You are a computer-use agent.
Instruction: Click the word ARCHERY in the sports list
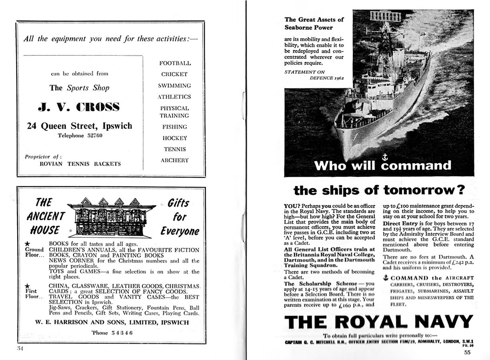point(174,160)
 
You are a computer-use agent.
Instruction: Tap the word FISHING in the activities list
point(174,127)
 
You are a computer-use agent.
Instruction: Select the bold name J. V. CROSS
point(78,107)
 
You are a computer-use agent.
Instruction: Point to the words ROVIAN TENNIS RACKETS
point(80,164)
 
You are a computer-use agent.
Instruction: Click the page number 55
point(467,352)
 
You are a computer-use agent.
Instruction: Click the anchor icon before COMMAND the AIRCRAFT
point(385,278)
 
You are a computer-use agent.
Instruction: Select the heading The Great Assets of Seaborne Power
point(314,23)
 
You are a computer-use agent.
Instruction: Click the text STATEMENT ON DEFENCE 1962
point(314,74)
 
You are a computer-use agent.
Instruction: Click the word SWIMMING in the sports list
point(174,85)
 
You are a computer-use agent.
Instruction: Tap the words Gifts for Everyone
point(179,217)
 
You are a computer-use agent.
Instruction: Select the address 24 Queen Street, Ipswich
point(79,126)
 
